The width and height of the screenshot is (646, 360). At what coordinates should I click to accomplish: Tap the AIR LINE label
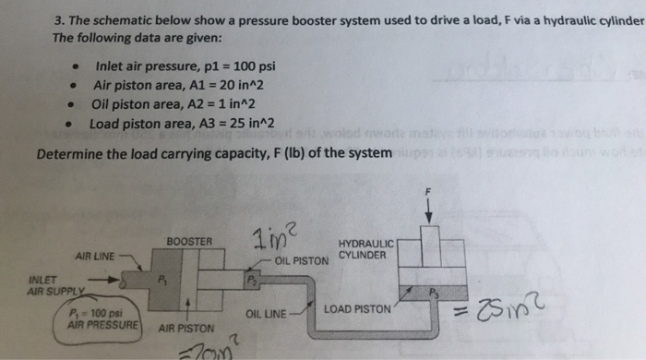95,256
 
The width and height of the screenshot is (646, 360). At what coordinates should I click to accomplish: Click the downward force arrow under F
427,210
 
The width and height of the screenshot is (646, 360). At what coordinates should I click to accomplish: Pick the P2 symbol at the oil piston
251,277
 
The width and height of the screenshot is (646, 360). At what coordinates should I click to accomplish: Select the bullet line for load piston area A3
182,122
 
